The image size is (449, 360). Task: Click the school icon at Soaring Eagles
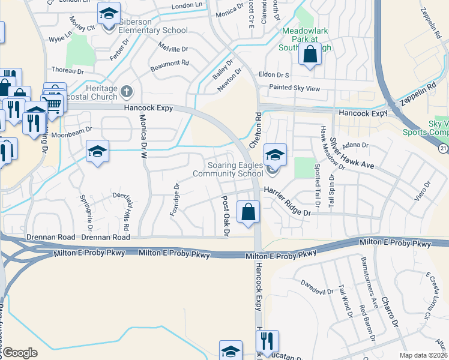[x=274, y=155]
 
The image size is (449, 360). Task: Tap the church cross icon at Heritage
[x=126, y=92]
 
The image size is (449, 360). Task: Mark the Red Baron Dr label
[x=367, y=325]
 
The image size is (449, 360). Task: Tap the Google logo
[x=20, y=353]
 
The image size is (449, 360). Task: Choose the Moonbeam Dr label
[x=76, y=129]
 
